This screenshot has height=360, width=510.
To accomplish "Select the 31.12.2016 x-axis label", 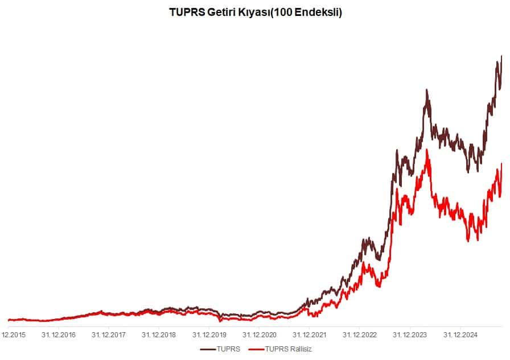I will point(59,335).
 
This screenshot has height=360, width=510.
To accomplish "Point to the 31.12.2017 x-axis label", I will point(109,335).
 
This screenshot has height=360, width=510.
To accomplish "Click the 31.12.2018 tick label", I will point(159,335).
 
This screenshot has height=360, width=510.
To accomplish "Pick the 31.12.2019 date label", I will point(209,335).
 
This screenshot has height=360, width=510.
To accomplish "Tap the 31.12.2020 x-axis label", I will point(259,335).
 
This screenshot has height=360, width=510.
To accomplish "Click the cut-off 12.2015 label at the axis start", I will point(13,335).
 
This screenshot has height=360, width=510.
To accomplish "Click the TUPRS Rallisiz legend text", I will point(289,349).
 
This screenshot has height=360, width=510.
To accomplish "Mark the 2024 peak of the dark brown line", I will point(426,90).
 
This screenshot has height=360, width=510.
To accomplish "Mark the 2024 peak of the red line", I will point(427,150).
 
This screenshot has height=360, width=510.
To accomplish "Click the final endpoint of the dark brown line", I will point(501,56).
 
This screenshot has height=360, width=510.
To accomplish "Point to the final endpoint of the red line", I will point(501,164).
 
